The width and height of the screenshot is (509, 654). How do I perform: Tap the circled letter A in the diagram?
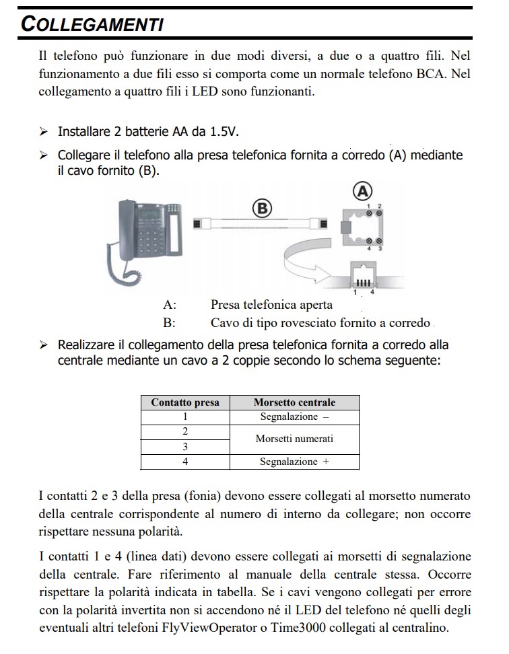363,192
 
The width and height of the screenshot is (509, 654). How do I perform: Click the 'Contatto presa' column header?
185,402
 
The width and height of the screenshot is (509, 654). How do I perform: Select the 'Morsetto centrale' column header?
294,402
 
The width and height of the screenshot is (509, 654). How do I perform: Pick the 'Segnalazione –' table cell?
294,417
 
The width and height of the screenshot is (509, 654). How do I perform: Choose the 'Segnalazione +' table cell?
294,462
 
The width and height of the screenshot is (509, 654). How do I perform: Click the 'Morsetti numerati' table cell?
294,439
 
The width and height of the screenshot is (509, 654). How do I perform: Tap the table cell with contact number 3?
185,447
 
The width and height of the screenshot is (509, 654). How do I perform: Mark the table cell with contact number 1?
185,417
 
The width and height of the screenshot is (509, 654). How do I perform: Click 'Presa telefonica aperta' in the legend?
271,305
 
